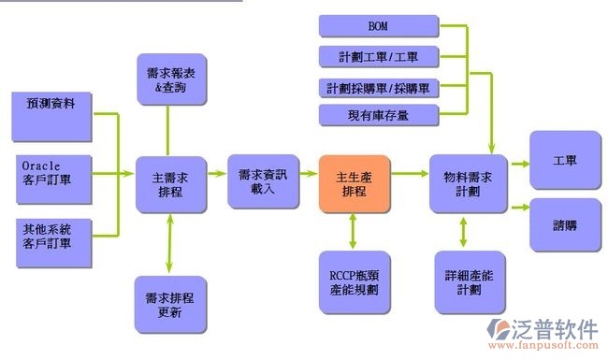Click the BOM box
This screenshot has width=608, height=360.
coord(378,26)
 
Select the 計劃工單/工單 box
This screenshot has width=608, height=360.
coord(378,57)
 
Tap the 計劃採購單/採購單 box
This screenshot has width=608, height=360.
coord(378,88)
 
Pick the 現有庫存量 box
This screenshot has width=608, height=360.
coord(378,115)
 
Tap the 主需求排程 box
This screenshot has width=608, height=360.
coord(169,183)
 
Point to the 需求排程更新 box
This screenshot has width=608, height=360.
coord(169,305)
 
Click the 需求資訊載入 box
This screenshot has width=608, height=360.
coord(263,181)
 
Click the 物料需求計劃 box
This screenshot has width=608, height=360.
coord(468,183)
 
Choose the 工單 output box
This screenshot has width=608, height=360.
coord(564,161)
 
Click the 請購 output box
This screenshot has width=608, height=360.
coord(564,224)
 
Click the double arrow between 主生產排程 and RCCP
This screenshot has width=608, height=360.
coord(353,230)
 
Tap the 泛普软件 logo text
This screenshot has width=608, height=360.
coord(556,328)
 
